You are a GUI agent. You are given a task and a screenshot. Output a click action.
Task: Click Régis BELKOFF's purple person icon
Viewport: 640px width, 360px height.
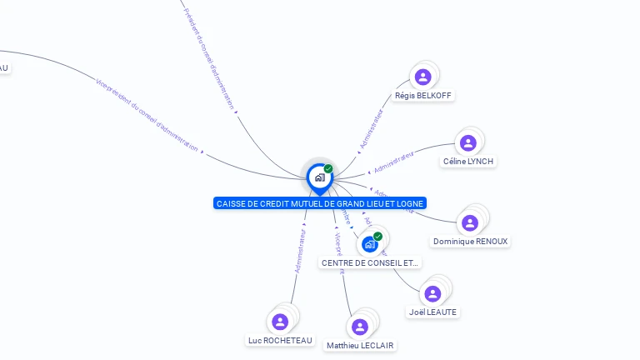click(422, 77)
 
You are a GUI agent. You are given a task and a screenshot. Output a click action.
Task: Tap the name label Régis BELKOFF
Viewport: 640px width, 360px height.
click(423, 96)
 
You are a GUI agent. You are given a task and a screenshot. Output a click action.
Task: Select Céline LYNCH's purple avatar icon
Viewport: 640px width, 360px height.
click(468, 142)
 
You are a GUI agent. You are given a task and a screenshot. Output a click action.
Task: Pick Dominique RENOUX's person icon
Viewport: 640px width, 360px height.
click(470, 222)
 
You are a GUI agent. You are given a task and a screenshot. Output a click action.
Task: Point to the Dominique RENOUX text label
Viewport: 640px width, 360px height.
click(470, 242)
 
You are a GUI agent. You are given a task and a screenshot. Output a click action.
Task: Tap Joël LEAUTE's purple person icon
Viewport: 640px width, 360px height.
click(432, 293)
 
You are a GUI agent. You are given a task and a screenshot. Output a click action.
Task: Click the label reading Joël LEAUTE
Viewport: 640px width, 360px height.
click(433, 312)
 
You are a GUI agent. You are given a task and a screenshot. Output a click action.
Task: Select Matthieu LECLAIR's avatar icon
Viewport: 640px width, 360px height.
click(360, 327)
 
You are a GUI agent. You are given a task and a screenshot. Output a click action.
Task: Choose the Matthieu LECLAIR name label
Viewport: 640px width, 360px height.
click(360, 345)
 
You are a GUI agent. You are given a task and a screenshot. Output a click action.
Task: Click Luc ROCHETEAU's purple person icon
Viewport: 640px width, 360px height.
click(280, 322)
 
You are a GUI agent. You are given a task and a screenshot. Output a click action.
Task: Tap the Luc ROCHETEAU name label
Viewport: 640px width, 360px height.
click(280, 340)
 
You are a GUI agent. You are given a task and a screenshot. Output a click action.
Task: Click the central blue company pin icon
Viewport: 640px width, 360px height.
click(319, 177)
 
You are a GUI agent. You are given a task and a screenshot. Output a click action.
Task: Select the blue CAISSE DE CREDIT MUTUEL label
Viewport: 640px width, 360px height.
click(320, 203)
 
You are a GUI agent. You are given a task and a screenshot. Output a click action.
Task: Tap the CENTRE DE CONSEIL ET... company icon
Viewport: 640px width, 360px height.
click(370, 244)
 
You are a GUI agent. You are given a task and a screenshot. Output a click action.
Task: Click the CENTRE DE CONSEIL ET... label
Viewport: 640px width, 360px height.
click(371, 262)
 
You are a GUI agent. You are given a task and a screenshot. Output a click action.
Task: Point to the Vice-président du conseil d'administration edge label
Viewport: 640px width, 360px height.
click(148, 116)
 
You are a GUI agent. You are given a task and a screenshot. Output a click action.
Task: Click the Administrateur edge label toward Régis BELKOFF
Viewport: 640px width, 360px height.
click(372, 129)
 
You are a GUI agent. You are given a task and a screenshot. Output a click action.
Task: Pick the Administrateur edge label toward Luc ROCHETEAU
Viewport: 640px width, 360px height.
click(301, 251)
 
